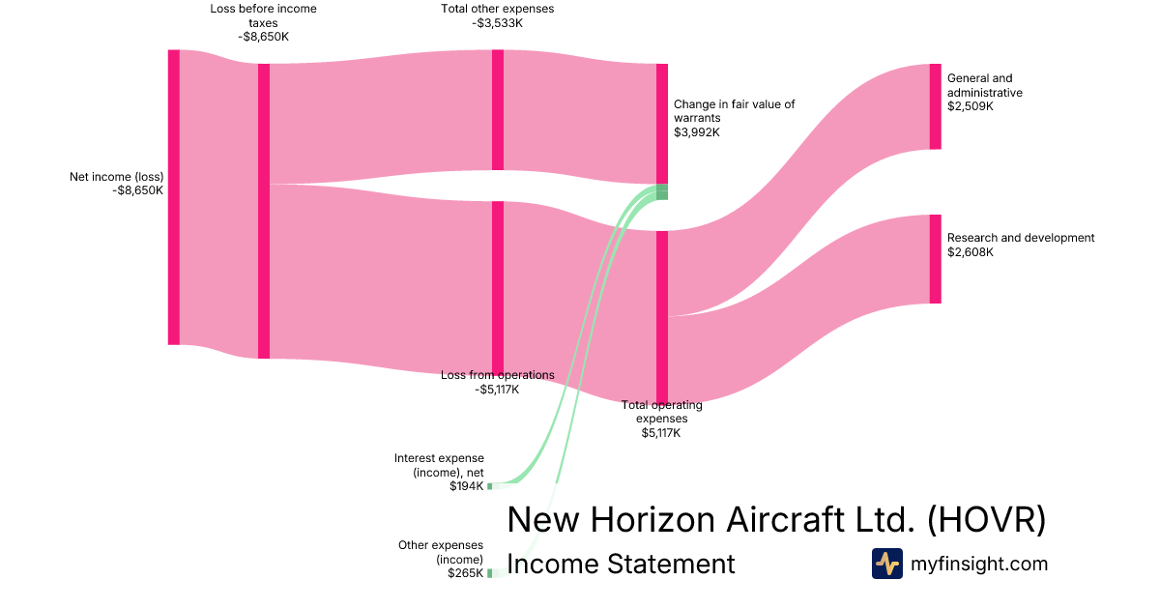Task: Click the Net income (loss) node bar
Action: click(174, 197)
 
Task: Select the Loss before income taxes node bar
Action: click(264, 211)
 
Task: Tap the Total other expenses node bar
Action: click(498, 110)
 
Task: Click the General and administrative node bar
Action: click(935, 106)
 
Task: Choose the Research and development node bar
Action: click(935, 259)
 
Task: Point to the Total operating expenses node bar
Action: click(662, 316)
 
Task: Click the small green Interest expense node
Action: click(489, 486)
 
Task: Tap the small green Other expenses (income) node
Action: click(489, 573)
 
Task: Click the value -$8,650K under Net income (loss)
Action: click(137, 191)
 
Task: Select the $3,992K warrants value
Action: click(697, 132)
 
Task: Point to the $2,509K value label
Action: click(971, 106)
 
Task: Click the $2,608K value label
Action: click(971, 252)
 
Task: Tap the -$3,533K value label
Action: click(497, 23)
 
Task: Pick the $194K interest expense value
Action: click(466, 486)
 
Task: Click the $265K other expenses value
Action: click(465, 573)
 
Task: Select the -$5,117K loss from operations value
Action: click(497, 390)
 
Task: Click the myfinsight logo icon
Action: click(886, 564)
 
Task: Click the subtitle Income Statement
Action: click(621, 564)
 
